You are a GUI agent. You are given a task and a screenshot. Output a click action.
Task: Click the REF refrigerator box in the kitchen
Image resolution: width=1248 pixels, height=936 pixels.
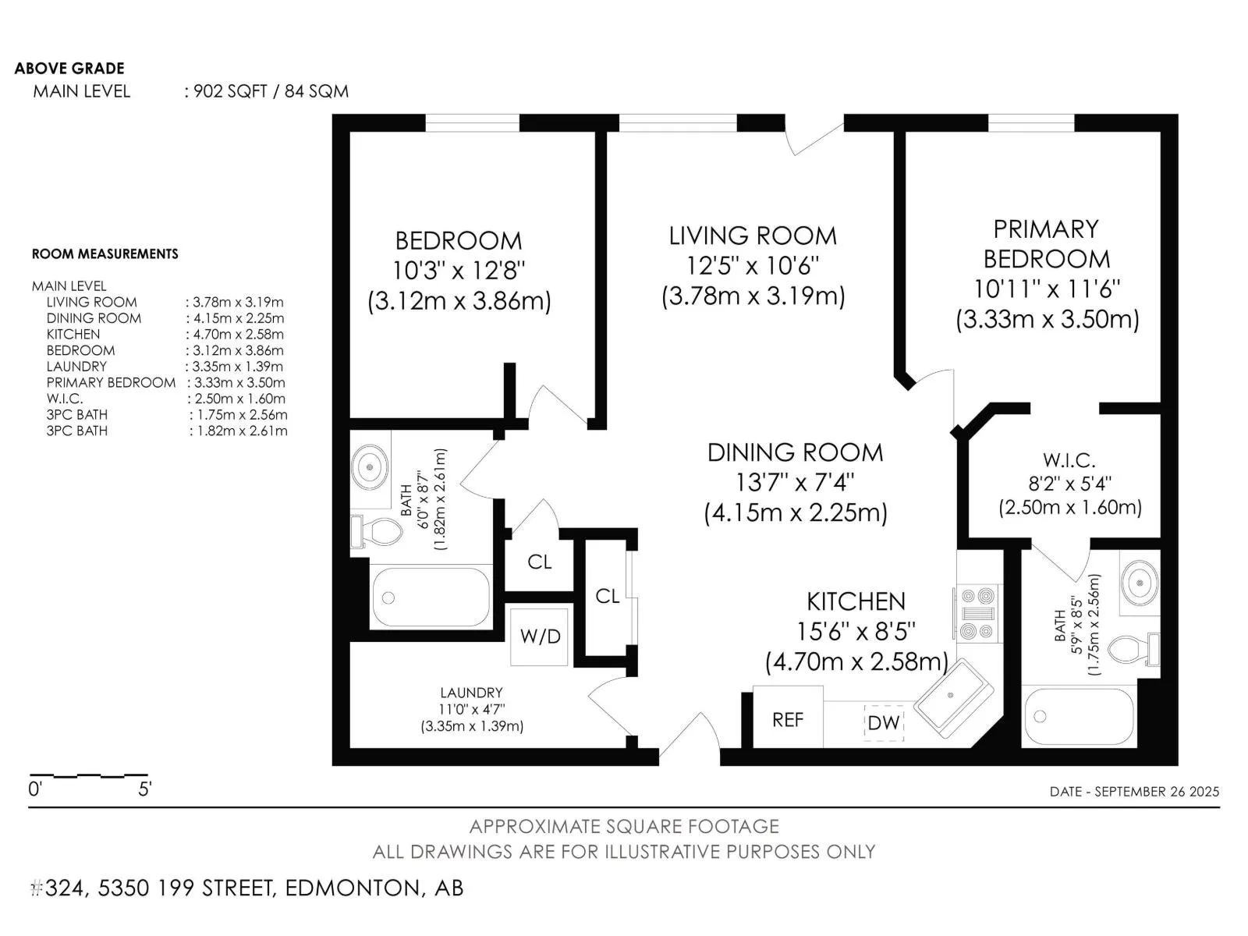788,717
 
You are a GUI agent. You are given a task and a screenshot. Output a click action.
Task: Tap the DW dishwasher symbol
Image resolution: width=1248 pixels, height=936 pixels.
884,722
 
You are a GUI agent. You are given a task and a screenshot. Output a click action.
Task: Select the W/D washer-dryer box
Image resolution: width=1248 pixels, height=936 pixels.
539,636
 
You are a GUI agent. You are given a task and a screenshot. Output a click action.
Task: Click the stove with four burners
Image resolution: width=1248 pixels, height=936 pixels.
977,613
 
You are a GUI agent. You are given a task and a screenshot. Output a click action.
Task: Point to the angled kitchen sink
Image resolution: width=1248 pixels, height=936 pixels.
953,698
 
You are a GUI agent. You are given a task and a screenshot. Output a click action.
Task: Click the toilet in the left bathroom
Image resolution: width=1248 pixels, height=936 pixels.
375,531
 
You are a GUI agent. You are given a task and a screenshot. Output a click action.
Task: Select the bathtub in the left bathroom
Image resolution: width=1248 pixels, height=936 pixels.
431,597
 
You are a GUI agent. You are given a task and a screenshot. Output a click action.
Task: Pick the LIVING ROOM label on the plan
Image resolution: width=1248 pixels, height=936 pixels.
752,236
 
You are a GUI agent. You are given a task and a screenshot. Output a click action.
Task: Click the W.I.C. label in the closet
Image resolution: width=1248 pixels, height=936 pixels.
1069,459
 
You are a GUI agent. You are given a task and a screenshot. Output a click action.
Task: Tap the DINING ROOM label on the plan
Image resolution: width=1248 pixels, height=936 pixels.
795,452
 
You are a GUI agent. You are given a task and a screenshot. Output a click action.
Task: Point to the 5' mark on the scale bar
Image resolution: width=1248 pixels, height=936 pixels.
145,789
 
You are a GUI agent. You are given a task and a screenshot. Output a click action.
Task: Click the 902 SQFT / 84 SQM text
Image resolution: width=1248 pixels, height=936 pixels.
271,91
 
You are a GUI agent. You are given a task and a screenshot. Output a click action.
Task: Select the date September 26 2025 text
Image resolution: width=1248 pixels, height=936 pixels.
1134,791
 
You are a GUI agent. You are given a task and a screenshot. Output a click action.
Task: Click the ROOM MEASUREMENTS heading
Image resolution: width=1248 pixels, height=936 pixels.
105,253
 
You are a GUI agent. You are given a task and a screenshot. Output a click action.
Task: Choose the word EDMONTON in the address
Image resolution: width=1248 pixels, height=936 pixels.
351,888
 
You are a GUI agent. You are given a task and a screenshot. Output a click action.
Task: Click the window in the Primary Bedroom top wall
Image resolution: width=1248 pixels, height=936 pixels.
1031,122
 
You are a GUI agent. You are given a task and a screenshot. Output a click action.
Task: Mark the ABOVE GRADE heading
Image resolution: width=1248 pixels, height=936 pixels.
69,68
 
